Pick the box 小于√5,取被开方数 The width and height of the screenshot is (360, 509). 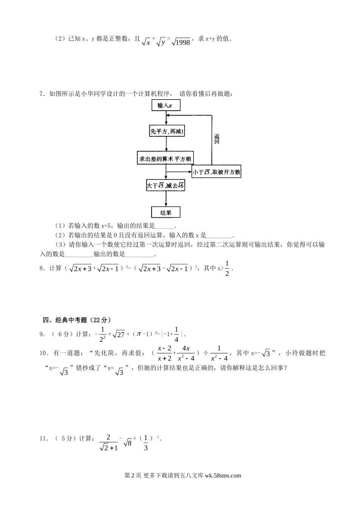tap(216, 172)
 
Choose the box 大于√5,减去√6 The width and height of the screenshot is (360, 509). tap(166, 186)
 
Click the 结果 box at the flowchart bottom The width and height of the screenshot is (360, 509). tap(166, 212)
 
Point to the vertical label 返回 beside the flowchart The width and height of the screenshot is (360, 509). tap(217, 139)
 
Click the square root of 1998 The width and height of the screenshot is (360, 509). tap(181, 42)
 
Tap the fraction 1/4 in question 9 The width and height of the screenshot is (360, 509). tap(176, 334)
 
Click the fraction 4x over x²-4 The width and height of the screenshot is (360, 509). tap(186, 353)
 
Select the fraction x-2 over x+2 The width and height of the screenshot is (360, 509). tap(164, 353)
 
